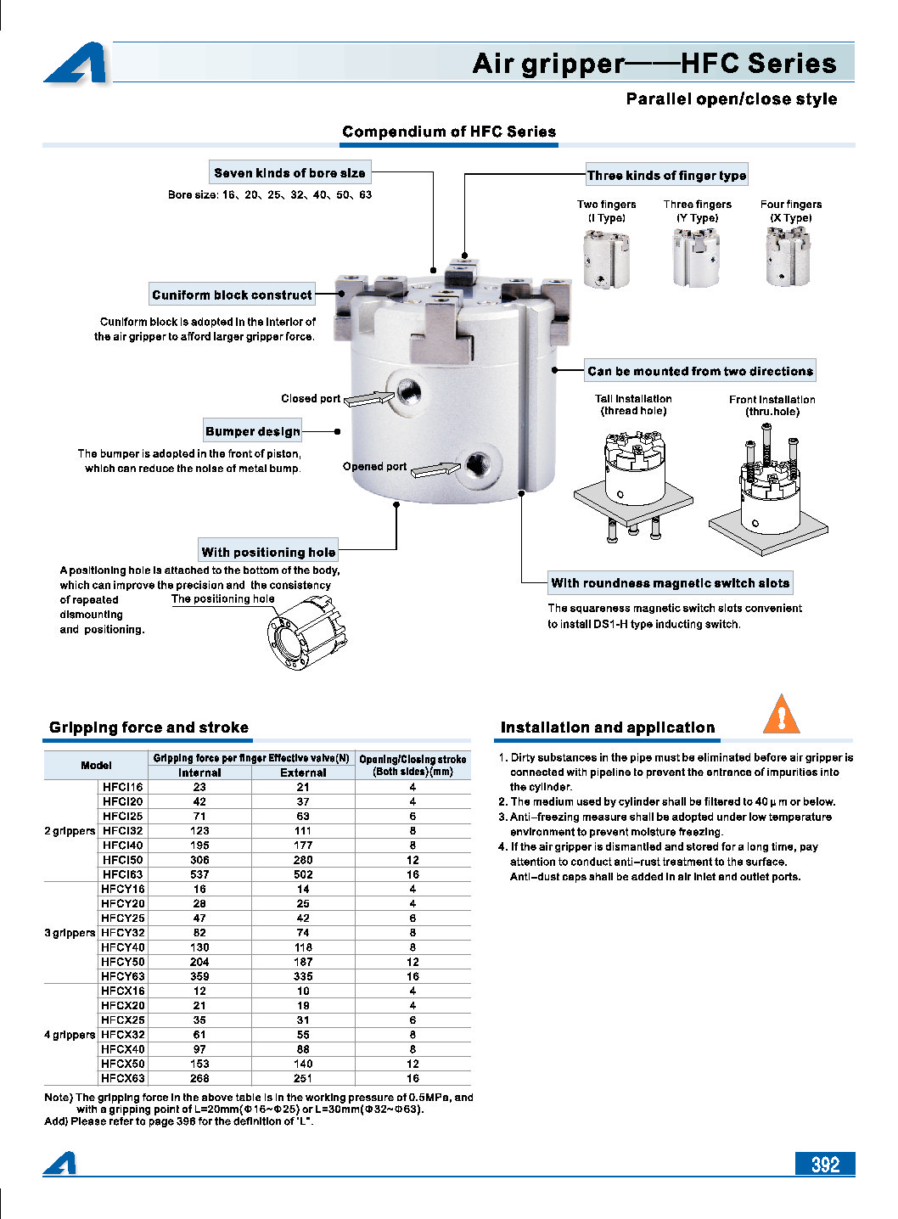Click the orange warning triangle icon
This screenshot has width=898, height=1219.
point(781,715)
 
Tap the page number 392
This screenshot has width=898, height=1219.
point(824,1164)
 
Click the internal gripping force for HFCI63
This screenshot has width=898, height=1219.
point(199,874)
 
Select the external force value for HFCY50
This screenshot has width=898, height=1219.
point(303,962)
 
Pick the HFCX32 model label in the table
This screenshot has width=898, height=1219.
point(123,1035)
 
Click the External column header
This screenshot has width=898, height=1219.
point(303,772)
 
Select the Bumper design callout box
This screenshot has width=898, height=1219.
point(253,430)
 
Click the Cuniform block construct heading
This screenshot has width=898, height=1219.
point(232,295)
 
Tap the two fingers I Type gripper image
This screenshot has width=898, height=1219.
point(606,259)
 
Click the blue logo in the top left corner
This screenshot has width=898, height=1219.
point(76,64)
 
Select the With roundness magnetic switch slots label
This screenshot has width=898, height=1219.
point(670,582)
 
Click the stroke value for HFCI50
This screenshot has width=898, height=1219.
point(413,860)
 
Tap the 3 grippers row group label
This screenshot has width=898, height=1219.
point(70,933)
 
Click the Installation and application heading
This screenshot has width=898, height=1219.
point(608,727)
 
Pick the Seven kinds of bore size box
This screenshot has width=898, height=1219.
point(289,172)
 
